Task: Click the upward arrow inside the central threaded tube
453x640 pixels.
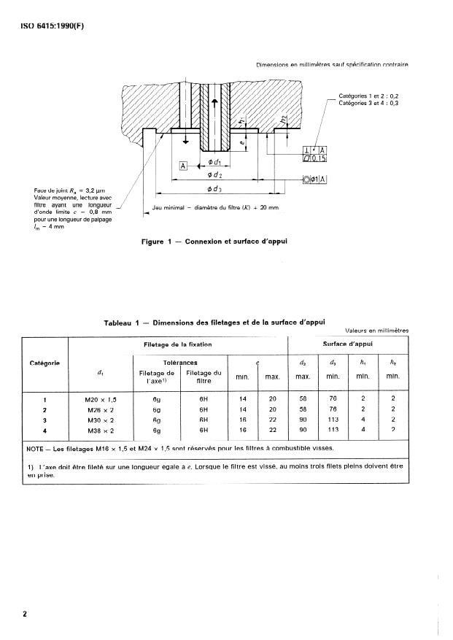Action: [x=214, y=102]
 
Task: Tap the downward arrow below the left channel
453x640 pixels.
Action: [x=186, y=140]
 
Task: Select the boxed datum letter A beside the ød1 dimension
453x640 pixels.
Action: [x=185, y=166]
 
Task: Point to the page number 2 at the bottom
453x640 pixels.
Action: [x=25, y=614]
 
